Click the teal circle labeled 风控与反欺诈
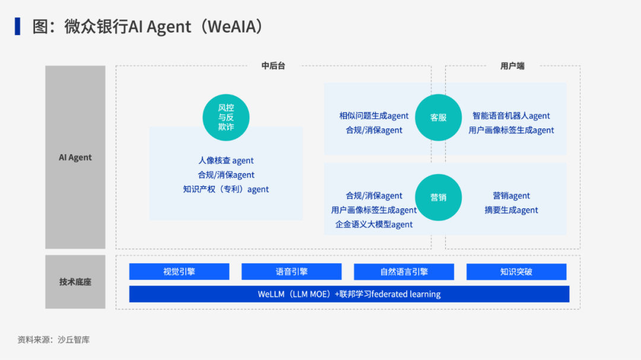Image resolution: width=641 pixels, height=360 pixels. [226, 117]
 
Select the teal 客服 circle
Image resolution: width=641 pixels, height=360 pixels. [439, 117]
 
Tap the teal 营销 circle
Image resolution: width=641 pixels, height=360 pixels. [439, 197]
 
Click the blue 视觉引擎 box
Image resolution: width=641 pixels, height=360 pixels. [179, 272]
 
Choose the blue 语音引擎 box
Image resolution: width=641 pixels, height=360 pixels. [291, 272]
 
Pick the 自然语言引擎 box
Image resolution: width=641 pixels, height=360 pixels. [404, 272]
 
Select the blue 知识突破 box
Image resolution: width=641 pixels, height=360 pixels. [516, 272]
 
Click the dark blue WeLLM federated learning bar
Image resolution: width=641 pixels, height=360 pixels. [349, 294]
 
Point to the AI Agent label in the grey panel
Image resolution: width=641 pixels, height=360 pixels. [75, 158]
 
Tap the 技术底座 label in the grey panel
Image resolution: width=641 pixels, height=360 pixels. [75, 282]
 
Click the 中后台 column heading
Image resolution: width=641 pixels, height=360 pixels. [274, 66]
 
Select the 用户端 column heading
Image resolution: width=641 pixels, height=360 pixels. [512, 66]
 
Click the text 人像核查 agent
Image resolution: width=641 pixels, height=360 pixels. [226, 161]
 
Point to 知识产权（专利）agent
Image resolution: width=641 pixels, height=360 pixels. [226, 190]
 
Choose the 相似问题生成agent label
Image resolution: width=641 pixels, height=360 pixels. [374, 116]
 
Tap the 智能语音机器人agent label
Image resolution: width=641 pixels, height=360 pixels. [511, 116]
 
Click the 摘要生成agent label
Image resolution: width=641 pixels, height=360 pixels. [511, 210]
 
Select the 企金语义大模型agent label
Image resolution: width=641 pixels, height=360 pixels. [374, 224]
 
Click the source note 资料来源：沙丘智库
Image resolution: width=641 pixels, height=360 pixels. [53, 340]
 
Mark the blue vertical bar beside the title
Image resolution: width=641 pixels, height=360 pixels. [18, 26]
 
